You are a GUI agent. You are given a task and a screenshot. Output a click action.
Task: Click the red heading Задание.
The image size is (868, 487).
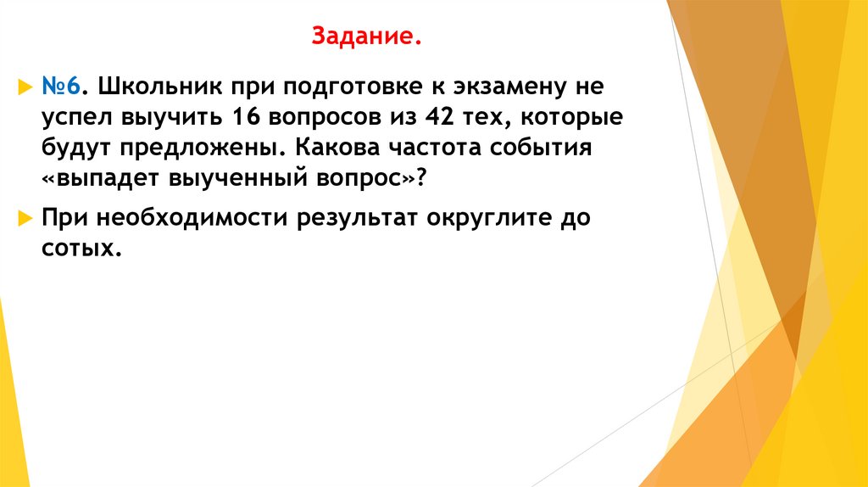(366, 37)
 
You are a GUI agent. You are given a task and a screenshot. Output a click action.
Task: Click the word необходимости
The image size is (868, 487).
(186, 219)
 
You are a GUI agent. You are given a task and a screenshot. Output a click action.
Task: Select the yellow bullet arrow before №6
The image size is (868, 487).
(25, 87)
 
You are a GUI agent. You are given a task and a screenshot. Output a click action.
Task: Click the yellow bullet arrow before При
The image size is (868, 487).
(25, 220)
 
